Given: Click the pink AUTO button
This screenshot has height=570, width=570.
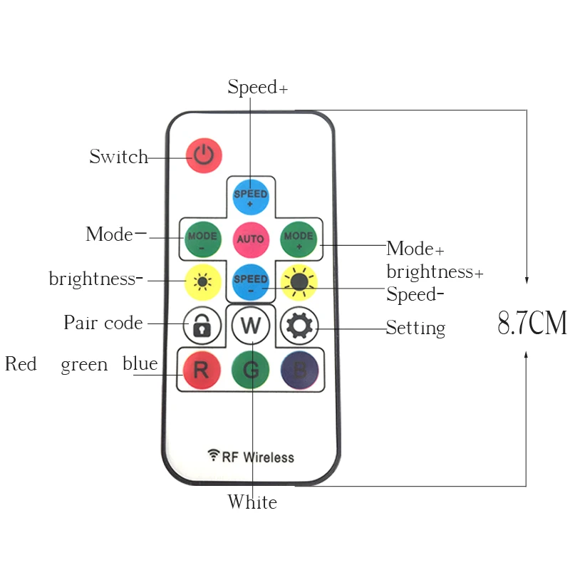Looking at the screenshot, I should pyautogui.click(x=251, y=239).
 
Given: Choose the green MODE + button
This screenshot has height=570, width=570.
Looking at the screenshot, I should pyautogui.click(x=299, y=239).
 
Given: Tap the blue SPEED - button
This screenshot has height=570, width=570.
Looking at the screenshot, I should pyautogui.click(x=251, y=282).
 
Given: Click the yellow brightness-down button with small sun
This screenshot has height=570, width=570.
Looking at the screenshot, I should pyautogui.click(x=202, y=282).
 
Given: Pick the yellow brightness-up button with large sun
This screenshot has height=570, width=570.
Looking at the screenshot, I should pyautogui.click(x=299, y=282).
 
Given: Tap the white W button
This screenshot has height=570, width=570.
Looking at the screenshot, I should pyautogui.click(x=251, y=326).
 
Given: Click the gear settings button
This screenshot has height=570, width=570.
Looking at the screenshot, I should pyautogui.click(x=299, y=326).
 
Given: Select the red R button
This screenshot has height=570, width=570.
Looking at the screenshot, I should pyautogui.click(x=202, y=370).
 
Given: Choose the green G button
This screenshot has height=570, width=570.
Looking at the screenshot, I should pyautogui.click(x=251, y=370).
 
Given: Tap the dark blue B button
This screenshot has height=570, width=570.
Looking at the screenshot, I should pyautogui.click(x=299, y=370).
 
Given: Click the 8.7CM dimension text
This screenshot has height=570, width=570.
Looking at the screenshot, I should pyautogui.click(x=532, y=323).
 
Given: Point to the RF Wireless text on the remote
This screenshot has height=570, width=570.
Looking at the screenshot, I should pyautogui.click(x=251, y=457).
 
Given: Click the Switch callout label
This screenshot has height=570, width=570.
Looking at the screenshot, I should pyautogui.click(x=118, y=157).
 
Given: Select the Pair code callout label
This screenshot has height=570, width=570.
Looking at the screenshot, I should pyautogui.click(x=103, y=323).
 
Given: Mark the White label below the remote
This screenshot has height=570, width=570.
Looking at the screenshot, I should pyautogui.click(x=252, y=502).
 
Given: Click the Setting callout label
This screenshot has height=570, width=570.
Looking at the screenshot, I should pyautogui.click(x=415, y=328).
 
